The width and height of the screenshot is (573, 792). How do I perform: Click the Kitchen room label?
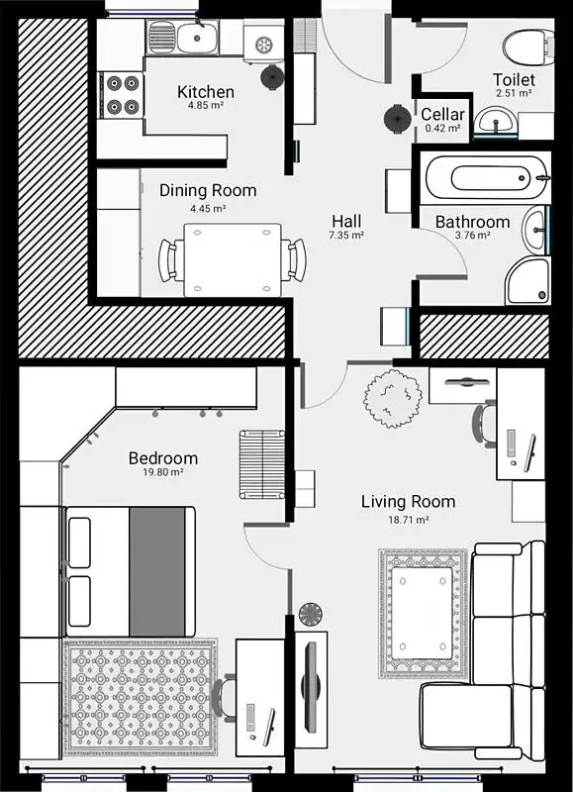(x=206, y=92)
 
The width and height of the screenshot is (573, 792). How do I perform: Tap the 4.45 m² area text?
(x=208, y=208)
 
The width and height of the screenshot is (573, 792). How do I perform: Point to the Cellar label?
(x=442, y=114)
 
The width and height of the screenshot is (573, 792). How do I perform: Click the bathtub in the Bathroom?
(x=487, y=177)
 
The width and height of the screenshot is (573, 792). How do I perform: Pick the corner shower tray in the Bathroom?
(x=527, y=280)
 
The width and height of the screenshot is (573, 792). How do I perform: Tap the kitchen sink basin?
(x=197, y=38)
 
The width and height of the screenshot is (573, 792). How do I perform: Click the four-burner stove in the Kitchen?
(x=123, y=94)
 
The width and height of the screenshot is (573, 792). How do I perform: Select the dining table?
(x=233, y=260)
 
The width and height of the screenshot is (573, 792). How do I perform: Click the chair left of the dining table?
(x=171, y=260)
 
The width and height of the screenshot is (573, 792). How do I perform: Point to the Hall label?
(x=346, y=221)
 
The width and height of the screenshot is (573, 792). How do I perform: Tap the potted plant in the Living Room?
(x=392, y=398)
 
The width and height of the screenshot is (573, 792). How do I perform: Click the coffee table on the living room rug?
(x=422, y=613)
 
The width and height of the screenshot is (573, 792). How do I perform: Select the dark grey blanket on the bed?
(x=157, y=571)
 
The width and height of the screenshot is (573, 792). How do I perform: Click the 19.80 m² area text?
(x=163, y=472)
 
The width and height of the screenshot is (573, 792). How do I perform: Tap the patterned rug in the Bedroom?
(x=141, y=697)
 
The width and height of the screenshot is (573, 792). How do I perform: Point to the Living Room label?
(x=408, y=502)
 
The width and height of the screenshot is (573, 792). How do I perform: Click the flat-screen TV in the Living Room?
(x=311, y=686)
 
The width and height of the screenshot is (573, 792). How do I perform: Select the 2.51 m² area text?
(x=514, y=93)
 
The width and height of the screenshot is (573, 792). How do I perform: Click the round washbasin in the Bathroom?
(x=535, y=231)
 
